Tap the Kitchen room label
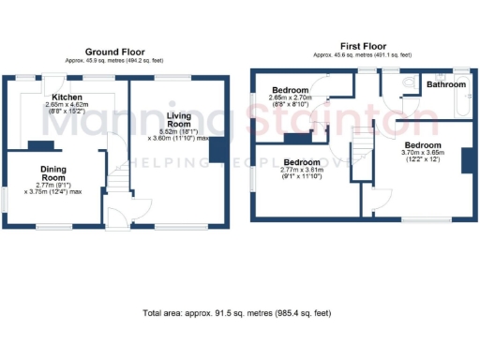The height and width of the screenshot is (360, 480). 68,97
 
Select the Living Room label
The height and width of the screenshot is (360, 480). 179,120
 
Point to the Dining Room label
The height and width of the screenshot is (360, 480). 52,172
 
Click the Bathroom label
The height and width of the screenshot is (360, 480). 444,84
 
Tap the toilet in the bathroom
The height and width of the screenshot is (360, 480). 410,84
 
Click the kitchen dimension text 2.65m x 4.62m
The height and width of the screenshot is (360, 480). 69,105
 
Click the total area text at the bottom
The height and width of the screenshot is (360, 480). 235,312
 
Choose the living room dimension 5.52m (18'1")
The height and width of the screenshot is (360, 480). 179,130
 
